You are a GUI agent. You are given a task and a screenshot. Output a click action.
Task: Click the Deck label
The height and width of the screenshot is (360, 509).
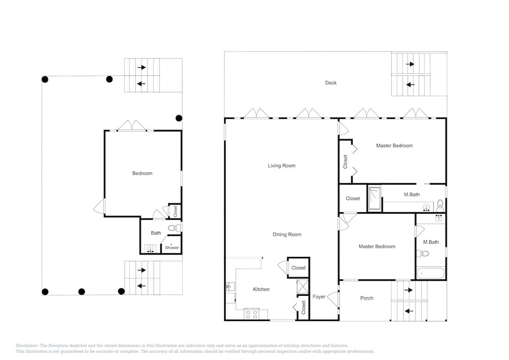coord(331,83)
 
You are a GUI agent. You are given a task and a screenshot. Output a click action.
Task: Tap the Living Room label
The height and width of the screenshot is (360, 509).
coord(281,165)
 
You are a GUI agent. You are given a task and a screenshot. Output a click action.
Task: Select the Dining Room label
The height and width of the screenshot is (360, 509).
coord(287,234)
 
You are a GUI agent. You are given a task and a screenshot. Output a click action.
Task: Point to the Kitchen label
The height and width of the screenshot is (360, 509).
coord(261,289)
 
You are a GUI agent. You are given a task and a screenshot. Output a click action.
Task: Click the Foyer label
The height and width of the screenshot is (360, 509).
coord(319,297)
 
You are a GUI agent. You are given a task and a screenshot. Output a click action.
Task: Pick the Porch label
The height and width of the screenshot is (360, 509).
coord(367,298)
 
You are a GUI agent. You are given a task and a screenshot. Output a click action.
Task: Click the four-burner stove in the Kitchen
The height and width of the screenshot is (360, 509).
coord(251,314)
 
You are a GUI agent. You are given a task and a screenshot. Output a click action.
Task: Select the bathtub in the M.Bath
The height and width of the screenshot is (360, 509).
coord(431,273)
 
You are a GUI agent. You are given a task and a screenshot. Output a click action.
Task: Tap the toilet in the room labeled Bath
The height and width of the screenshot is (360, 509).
coord(174,228)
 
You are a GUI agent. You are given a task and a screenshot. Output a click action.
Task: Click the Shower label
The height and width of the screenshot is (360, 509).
coord(172,247)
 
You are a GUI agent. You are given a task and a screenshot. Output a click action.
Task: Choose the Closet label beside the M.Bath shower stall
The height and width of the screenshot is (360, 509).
coord(353,199)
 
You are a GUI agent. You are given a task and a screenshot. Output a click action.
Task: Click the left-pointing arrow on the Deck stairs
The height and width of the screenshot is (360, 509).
coord(410,85)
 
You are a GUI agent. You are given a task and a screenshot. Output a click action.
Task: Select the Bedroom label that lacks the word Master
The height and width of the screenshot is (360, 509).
coord(142,173)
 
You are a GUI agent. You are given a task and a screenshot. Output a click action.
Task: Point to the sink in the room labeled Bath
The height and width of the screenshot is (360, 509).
coord(150,249)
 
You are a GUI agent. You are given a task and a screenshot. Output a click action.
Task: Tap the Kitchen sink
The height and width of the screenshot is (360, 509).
coord(230,286)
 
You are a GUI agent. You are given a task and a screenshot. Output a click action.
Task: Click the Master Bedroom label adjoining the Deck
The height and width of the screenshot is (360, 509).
coord(394,146)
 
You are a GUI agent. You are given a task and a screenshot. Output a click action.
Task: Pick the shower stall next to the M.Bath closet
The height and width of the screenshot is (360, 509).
coord(375,199)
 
